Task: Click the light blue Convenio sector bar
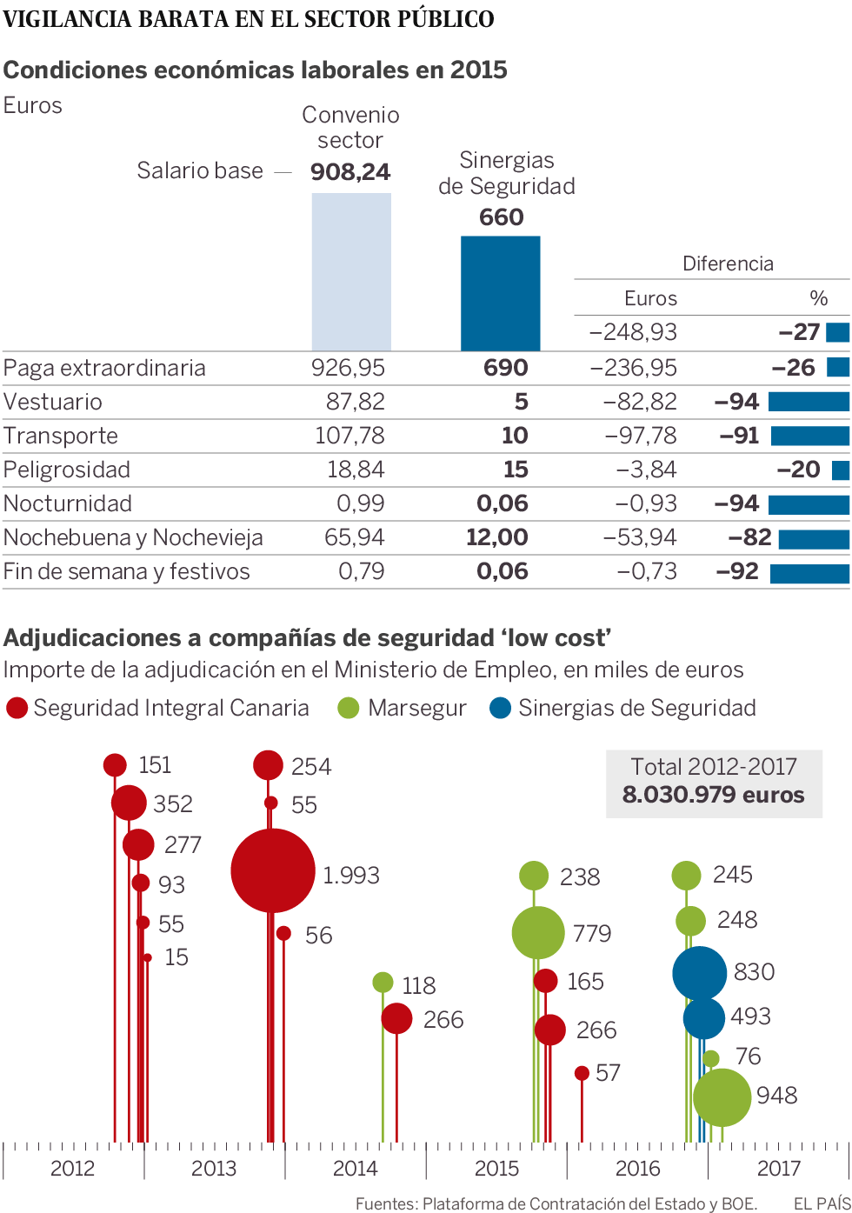click(x=351, y=271)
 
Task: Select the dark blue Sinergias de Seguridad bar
click(x=500, y=293)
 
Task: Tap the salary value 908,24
click(x=350, y=172)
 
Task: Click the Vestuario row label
click(x=53, y=402)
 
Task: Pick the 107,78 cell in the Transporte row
click(x=349, y=436)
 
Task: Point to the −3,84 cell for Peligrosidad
click(x=646, y=470)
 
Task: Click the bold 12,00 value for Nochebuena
click(x=496, y=537)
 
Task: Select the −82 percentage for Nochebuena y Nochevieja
click(x=750, y=537)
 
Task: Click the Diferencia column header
click(x=728, y=263)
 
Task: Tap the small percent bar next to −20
click(x=840, y=470)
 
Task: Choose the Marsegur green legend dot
click(x=349, y=708)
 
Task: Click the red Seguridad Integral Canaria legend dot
click(x=17, y=708)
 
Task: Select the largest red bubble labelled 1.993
click(x=272, y=870)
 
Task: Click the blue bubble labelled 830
click(x=699, y=973)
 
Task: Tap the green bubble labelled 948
click(x=722, y=1097)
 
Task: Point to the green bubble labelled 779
click(x=538, y=932)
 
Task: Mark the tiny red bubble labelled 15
click(x=148, y=957)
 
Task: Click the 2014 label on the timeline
click(x=355, y=1168)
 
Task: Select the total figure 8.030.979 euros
click(x=713, y=795)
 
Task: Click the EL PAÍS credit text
click(x=821, y=1203)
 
